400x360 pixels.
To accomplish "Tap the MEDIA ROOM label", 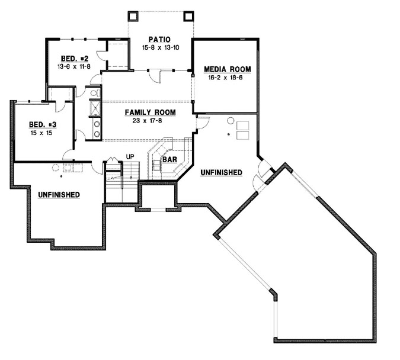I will (226, 69).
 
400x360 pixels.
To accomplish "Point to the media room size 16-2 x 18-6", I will (226, 77).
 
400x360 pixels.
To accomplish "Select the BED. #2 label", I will (75, 59).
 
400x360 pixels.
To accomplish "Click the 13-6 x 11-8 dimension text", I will (75, 67).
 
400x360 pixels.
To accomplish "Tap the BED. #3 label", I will (43, 125).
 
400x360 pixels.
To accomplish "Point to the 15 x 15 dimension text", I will (43, 133).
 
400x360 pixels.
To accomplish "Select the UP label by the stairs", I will (129, 157).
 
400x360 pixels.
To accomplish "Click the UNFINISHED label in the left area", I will (59, 194).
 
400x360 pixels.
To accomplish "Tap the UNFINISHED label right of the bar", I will (221, 172).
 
